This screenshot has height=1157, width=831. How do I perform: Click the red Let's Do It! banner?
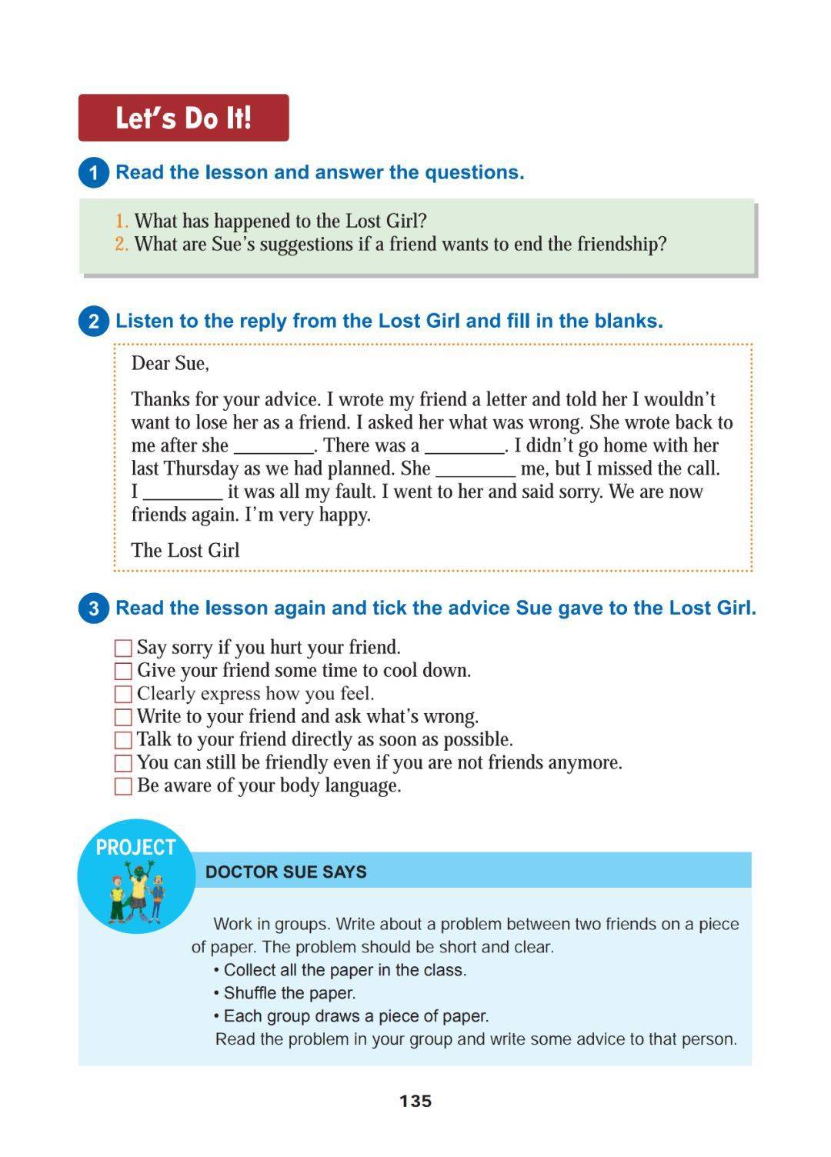click(x=183, y=118)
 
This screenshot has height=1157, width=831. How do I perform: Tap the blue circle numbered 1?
click(x=94, y=172)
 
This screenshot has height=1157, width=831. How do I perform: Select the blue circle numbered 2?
click(x=94, y=321)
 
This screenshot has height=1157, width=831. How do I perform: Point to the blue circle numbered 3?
click(x=94, y=609)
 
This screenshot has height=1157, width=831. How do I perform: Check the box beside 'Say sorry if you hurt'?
click(x=123, y=648)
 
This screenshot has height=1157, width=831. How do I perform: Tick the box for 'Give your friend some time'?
click(x=123, y=671)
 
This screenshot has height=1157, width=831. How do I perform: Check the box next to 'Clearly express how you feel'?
click(x=123, y=694)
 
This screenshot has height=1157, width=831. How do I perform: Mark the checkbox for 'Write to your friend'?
click(x=123, y=717)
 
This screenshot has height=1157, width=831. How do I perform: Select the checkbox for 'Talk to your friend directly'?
click(x=123, y=740)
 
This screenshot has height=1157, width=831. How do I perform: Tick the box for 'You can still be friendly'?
click(x=123, y=763)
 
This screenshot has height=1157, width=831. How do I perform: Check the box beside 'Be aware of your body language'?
click(x=123, y=786)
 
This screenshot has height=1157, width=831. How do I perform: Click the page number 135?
click(x=415, y=1101)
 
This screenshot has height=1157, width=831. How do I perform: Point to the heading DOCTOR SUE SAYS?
click(x=286, y=872)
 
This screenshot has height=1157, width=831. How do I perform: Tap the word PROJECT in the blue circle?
click(x=135, y=847)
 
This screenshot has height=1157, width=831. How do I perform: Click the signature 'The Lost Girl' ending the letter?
click(x=185, y=550)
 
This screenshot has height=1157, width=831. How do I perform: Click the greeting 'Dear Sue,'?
click(x=170, y=363)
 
